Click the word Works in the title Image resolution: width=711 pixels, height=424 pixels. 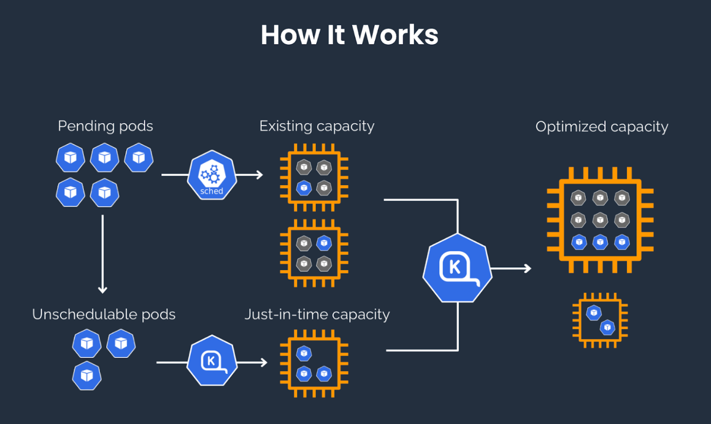395,35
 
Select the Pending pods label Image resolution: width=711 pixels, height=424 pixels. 105,126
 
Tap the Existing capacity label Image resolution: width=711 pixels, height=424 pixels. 316,126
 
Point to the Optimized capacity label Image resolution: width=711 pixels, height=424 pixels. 601,127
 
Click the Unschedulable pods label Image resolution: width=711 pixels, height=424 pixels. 104,314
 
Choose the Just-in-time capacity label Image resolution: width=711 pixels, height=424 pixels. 317,314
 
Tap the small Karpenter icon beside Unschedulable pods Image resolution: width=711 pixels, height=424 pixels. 212,362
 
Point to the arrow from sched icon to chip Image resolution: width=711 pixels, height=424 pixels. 250,175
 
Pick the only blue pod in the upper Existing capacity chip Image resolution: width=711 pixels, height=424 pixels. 304,187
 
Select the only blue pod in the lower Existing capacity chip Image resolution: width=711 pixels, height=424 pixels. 324,242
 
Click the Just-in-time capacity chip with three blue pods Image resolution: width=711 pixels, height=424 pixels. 314,363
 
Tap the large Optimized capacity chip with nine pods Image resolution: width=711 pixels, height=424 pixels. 600,219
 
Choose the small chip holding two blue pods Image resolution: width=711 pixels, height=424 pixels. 600,320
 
